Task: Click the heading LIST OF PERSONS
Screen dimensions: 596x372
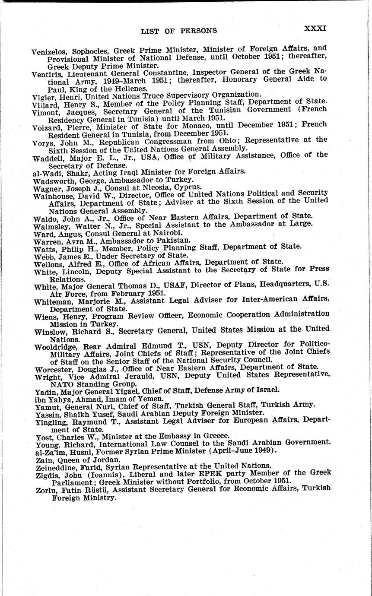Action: tap(178, 31)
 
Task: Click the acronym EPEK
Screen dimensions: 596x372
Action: tap(236, 473)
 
